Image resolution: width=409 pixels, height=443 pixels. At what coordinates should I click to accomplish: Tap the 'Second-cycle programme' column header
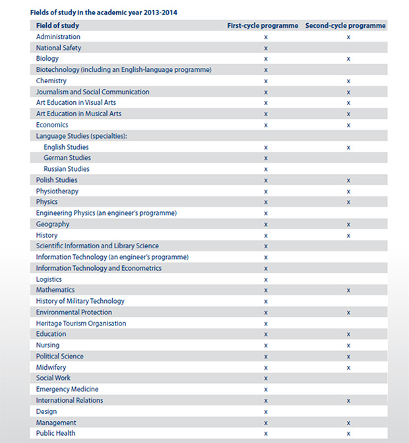point(346,26)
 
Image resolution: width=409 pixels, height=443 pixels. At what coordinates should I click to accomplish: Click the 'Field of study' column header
point(57,26)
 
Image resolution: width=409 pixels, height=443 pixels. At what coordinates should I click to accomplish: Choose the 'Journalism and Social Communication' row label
point(92,92)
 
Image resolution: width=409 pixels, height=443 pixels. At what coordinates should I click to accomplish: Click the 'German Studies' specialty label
point(67,158)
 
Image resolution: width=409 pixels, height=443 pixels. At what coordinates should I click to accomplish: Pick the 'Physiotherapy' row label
point(57,191)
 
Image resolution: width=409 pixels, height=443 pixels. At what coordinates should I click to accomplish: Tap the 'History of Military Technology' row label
point(80,301)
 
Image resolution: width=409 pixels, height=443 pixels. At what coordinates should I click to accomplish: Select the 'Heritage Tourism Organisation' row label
point(81,324)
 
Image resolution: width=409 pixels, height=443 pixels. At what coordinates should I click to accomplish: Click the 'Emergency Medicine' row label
point(67,390)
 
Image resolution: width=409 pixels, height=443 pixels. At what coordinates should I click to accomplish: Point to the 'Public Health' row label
point(55,433)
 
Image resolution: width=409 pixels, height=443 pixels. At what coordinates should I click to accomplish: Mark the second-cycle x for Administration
point(348,38)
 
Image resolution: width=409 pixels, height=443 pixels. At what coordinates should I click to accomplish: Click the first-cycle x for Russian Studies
point(266,170)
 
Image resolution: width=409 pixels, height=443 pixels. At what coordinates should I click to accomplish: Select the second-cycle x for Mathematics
point(348,290)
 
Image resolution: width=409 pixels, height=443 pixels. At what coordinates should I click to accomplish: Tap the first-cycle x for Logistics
point(266,280)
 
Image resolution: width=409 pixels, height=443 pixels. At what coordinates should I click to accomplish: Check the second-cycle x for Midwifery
point(348,368)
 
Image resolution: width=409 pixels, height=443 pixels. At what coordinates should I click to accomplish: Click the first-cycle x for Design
point(266,412)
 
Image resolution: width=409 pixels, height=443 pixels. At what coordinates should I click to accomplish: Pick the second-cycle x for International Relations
point(348,401)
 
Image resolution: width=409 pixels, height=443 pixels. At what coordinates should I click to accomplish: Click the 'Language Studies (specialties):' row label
point(81,136)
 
